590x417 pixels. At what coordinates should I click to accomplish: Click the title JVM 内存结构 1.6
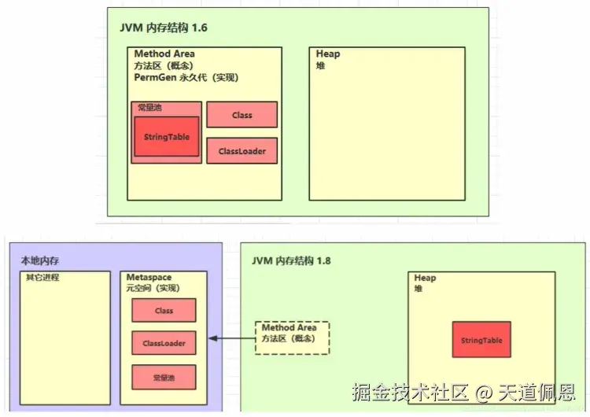point(164,28)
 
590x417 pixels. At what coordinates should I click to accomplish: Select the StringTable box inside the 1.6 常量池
point(166,137)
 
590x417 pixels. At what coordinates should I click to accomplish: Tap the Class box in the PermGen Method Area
point(242,115)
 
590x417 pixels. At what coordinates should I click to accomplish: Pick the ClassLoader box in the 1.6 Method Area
point(242,151)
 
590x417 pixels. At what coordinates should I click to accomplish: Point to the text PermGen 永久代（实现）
point(186,78)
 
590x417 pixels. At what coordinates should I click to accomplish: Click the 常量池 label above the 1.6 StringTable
point(150,107)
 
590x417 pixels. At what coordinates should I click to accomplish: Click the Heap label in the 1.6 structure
point(328,54)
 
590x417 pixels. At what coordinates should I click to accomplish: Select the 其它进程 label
point(42,278)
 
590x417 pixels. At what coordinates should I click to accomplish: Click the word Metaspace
point(149,278)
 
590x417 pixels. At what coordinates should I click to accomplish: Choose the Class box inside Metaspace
point(164,311)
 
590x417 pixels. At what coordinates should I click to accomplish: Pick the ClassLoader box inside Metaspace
point(164,344)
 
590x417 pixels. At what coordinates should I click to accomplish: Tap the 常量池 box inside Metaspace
point(164,378)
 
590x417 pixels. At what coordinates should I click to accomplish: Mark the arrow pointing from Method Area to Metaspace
point(232,339)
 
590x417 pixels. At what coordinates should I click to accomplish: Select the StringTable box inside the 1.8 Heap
point(481,340)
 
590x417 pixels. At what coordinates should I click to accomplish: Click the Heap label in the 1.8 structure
point(426,278)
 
